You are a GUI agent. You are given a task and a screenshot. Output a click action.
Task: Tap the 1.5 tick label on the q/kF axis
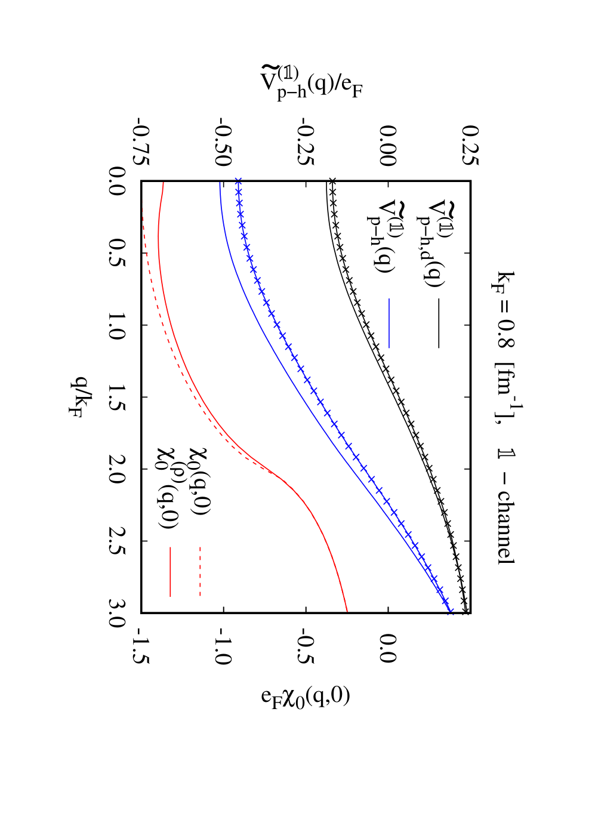(116, 397)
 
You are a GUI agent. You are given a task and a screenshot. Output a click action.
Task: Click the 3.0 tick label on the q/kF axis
(116, 613)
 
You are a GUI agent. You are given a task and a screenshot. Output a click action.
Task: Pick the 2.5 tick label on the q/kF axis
(116, 541)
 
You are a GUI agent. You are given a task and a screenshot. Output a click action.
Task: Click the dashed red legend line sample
(200, 571)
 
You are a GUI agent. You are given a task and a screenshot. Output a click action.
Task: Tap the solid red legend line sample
(170, 571)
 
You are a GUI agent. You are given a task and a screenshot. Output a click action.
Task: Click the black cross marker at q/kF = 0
(331, 181)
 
